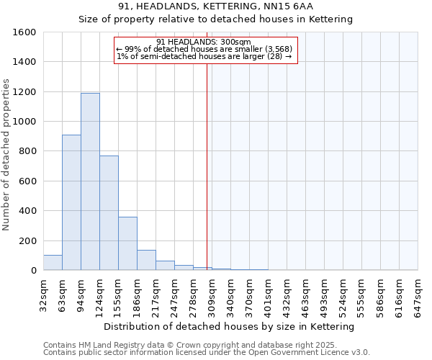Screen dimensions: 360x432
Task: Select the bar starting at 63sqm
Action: tap(71, 202)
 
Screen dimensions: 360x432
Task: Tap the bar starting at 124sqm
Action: tap(109, 212)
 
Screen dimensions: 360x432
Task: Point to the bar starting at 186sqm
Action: tap(146, 260)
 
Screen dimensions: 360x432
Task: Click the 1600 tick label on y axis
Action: tap(24, 32)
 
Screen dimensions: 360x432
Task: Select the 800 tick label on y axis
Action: tap(27, 151)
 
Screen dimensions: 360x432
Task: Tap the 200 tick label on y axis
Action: tap(27, 240)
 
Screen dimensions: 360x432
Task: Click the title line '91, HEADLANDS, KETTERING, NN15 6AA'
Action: tap(215, 6)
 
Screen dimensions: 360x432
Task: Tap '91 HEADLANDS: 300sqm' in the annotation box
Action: tap(204, 42)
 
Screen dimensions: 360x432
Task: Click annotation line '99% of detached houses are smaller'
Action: tap(204, 49)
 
